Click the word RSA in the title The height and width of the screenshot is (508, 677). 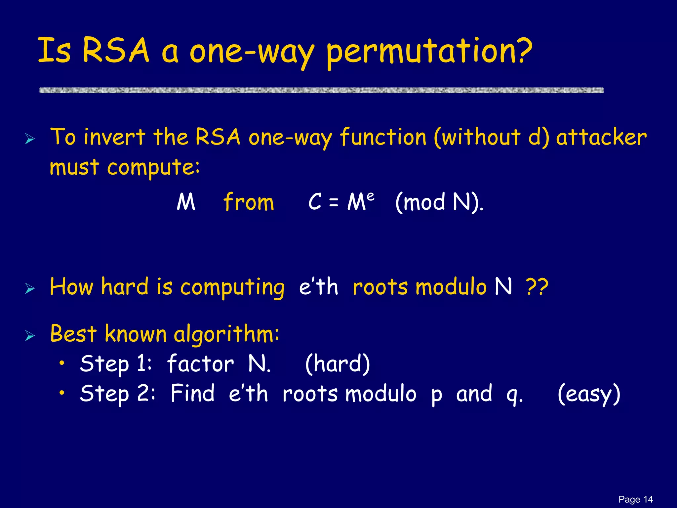[116, 50]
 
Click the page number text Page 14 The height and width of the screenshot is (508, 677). [635, 499]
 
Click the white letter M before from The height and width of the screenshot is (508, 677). [186, 202]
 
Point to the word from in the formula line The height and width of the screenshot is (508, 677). [249, 202]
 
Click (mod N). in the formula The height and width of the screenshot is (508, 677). [439, 202]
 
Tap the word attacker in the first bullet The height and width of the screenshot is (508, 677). [601, 137]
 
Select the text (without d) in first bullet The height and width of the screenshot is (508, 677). [492, 137]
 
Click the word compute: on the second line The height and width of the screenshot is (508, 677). [153, 167]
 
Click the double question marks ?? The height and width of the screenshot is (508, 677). [537, 287]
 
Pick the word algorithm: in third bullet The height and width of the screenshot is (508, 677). [226, 334]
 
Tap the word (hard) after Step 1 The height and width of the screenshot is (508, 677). [337, 364]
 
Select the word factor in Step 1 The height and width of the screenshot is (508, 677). [200, 364]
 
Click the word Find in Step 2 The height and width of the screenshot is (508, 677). [192, 394]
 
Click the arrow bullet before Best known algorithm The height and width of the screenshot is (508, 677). [30, 336]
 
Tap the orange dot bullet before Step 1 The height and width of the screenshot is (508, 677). [61, 363]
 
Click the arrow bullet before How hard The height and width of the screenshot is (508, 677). [30, 289]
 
